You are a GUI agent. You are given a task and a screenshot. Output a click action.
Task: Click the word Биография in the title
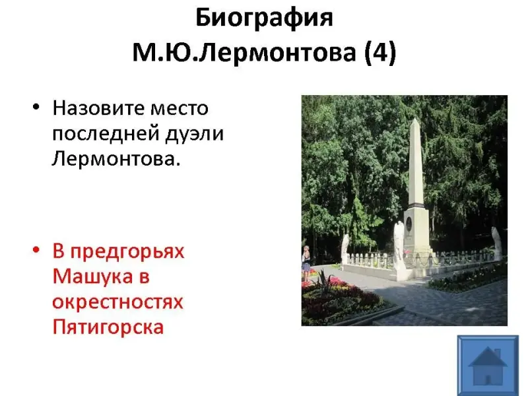click(264, 18)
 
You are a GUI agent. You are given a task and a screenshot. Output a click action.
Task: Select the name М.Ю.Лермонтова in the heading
click(244, 53)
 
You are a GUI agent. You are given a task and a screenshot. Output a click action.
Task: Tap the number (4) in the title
click(380, 53)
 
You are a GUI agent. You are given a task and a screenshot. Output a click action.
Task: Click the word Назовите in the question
click(96, 108)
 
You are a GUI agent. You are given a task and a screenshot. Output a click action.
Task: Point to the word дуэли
click(194, 134)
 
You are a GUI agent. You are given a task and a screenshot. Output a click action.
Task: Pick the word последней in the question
click(106, 134)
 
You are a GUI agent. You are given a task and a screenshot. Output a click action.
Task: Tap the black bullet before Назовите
click(36, 108)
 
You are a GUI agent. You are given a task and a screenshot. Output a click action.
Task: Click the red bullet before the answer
click(36, 250)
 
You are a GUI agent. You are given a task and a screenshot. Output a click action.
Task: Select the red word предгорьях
click(127, 251)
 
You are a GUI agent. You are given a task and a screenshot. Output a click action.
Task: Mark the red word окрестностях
click(117, 302)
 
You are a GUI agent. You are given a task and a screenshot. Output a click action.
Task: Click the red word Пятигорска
click(108, 327)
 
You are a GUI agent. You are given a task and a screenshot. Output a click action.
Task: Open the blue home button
click(488, 366)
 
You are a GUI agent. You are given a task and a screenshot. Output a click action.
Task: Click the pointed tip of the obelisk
click(416, 119)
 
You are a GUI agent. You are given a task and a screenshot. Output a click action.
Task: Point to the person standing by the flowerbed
click(306, 263)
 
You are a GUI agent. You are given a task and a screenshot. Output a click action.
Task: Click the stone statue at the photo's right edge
click(496, 243)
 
